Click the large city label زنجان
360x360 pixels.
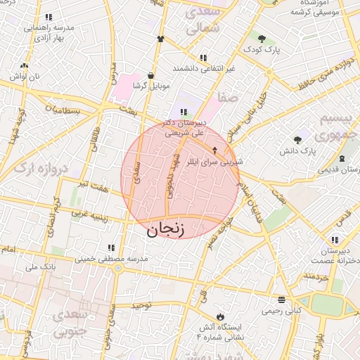coord(166,229)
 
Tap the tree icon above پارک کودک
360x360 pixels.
coord(262,39)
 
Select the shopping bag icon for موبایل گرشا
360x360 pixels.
coord(151,75)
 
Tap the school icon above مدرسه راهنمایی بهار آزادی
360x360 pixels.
coord(48,17)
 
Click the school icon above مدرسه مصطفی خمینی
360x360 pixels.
coord(110,247)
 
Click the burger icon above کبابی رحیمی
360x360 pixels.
coord(281,299)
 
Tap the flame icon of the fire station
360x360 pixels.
coord(222,316)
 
